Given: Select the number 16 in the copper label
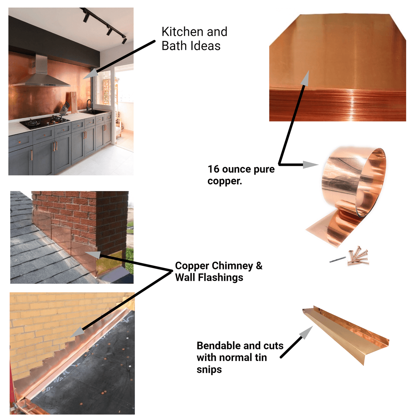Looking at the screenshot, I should point(213,169).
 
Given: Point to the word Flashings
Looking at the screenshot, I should point(220,278).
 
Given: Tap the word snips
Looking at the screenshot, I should point(209,370).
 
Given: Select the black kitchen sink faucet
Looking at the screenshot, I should point(89,105).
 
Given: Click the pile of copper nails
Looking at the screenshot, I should point(358,256).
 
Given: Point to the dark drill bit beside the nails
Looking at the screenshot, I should point(337,260).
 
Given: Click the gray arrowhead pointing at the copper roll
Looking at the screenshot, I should point(310,165).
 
